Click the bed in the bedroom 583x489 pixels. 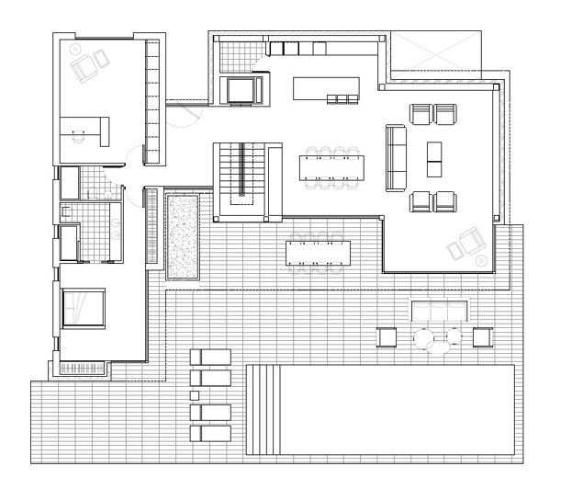(x=84, y=306)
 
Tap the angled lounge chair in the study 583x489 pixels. (x=91, y=62)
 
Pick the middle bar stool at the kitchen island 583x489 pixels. (x=343, y=98)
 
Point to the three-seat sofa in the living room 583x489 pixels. (x=396, y=157)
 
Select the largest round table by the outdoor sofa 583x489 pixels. (x=426, y=339)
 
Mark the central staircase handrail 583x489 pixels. (x=241, y=170)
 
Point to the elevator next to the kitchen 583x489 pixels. (x=241, y=90)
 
